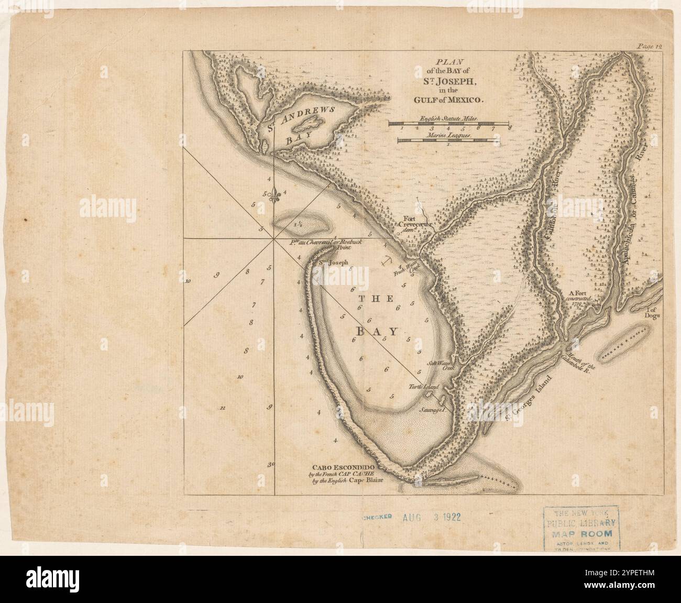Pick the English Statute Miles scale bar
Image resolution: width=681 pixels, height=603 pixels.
point(449,124)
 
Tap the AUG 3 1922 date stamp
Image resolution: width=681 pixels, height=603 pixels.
point(431,517)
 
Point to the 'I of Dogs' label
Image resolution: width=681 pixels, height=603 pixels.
point(654,313)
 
